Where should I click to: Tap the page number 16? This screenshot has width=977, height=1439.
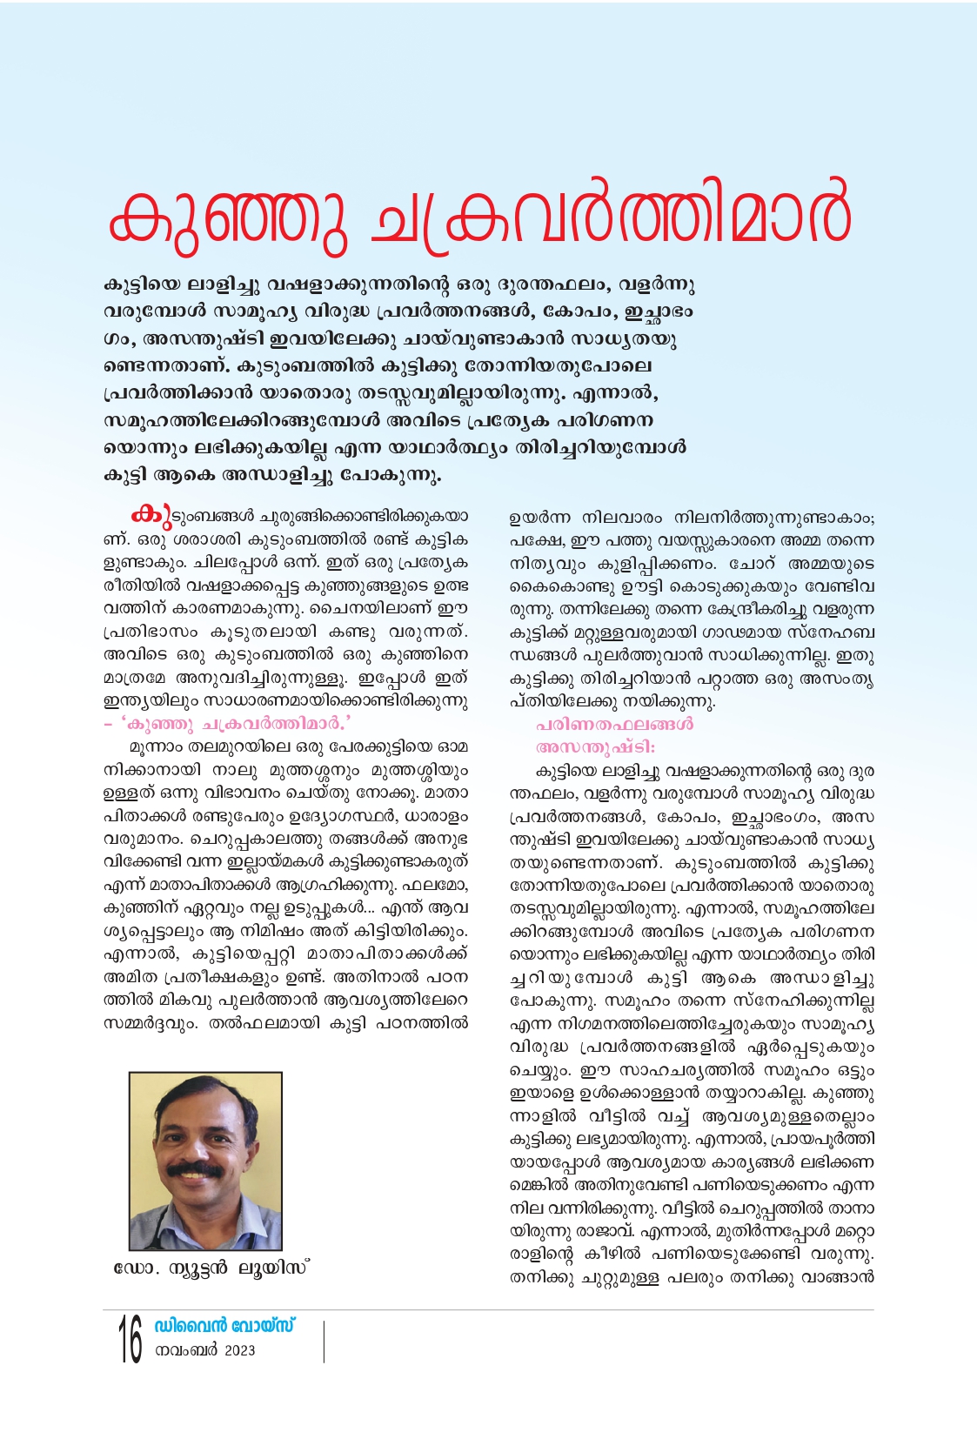coord(130,1340)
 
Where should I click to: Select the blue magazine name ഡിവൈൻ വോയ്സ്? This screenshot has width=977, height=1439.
coord(224,1326)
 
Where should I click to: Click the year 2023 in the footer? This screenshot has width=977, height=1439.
coord(239,1350)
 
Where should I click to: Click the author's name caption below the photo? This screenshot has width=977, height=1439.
coord(211,1268)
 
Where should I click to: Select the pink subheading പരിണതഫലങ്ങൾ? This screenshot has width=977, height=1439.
coord(614,724)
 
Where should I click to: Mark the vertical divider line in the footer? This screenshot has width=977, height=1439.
coord(324,1342)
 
